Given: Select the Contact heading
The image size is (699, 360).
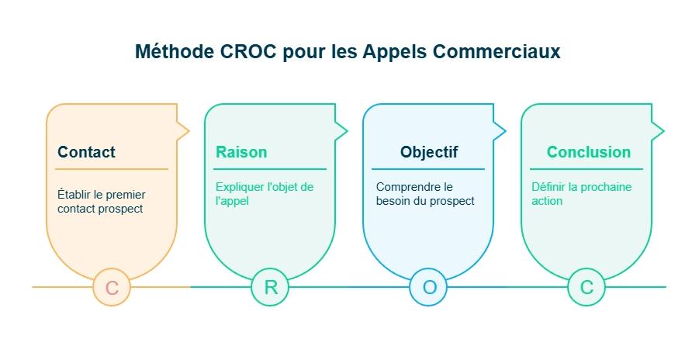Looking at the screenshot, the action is point(86,152).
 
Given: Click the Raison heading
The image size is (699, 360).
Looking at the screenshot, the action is point(241,152).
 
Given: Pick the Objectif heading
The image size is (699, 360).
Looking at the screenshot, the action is point(429,152).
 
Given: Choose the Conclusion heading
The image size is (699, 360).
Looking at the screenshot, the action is point(589,152).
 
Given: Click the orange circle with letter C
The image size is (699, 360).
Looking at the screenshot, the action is point(112,288).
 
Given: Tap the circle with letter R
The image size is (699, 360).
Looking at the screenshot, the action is point(270,288).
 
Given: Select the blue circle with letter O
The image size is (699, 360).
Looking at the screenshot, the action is point(429,288).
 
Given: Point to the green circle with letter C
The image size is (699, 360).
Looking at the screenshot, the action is point(587,288).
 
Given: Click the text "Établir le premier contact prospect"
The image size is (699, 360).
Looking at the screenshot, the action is point(101,202).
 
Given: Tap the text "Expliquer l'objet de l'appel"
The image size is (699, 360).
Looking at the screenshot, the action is point(264,194).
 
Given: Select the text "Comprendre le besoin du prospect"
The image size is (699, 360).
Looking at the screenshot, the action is point(424,194).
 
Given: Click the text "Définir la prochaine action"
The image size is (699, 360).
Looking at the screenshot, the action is point(581,194).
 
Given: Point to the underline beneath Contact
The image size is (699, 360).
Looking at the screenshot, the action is point(112,169).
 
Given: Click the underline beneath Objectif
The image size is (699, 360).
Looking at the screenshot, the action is point(428,169).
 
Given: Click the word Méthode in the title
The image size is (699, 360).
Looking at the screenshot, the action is point(171,51).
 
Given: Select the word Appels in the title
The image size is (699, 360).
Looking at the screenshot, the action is point(396,51).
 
